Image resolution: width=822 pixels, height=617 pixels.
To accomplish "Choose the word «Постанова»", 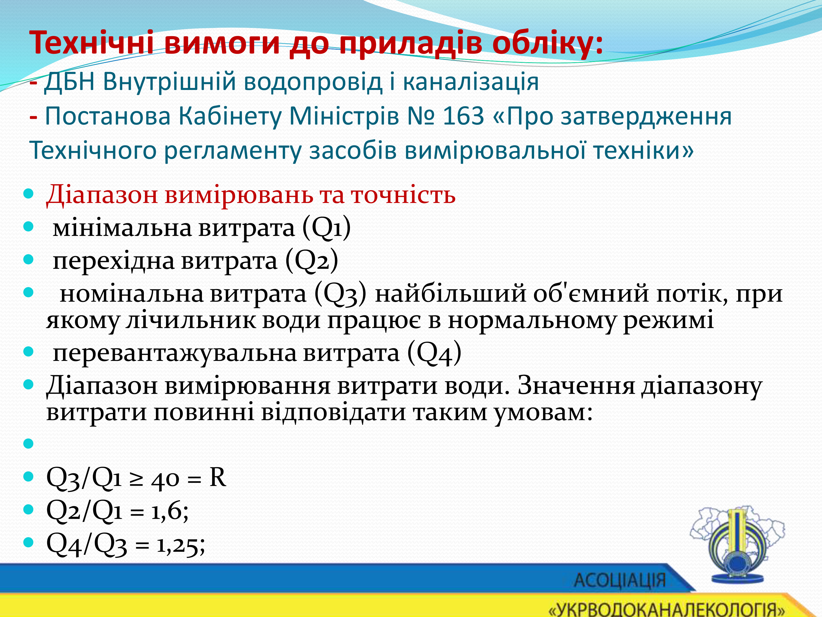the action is pyautogui.click(x=108, y=116).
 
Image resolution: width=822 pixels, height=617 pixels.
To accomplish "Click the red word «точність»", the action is pyautogui.click(x=404, y=194).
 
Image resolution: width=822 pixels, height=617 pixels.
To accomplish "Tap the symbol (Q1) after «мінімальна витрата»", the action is pyautogui.click(x=326, y=227).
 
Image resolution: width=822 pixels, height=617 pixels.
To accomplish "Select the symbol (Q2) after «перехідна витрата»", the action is pyautogui.click(x=312, y=260).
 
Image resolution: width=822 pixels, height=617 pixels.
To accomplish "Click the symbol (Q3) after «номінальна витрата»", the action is pyautogui.click(x=340, y=293).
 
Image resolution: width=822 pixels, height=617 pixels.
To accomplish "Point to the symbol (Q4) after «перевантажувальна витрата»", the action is pyautogui.click(x=434, y=353).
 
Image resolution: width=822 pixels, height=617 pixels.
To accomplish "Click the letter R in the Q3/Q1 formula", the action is pyautogui.click(x=218, y=477).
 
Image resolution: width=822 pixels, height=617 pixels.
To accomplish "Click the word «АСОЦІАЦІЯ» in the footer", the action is pyautogui.click(x=620, y=581).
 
